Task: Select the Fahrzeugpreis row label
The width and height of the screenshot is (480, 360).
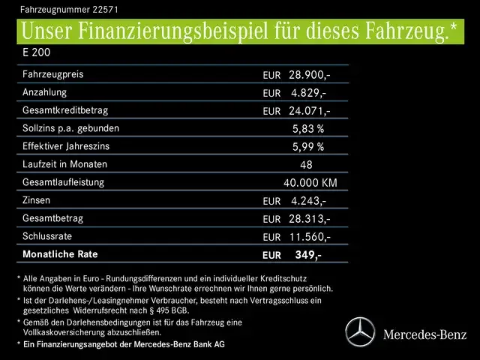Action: [x=53, y=74]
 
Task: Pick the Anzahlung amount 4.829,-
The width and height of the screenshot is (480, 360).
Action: [x=307, y=93]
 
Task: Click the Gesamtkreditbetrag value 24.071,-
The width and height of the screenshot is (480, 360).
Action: [x=310, y=111]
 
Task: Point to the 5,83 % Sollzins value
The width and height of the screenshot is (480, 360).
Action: [x=307, y=129]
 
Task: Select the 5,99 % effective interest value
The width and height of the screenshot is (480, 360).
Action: [x=307, y=147]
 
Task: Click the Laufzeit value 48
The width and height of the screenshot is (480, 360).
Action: [x=305, y=165]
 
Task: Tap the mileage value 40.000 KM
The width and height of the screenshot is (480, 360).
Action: [x=310, y=183]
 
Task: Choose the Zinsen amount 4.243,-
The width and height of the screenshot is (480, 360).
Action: [x=307, y=201]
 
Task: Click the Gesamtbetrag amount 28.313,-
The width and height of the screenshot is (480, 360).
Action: [x=310, y=219]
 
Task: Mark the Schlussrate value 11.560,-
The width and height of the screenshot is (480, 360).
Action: [x=310, y=237]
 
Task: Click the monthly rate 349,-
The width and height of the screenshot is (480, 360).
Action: [x=307, y=255]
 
